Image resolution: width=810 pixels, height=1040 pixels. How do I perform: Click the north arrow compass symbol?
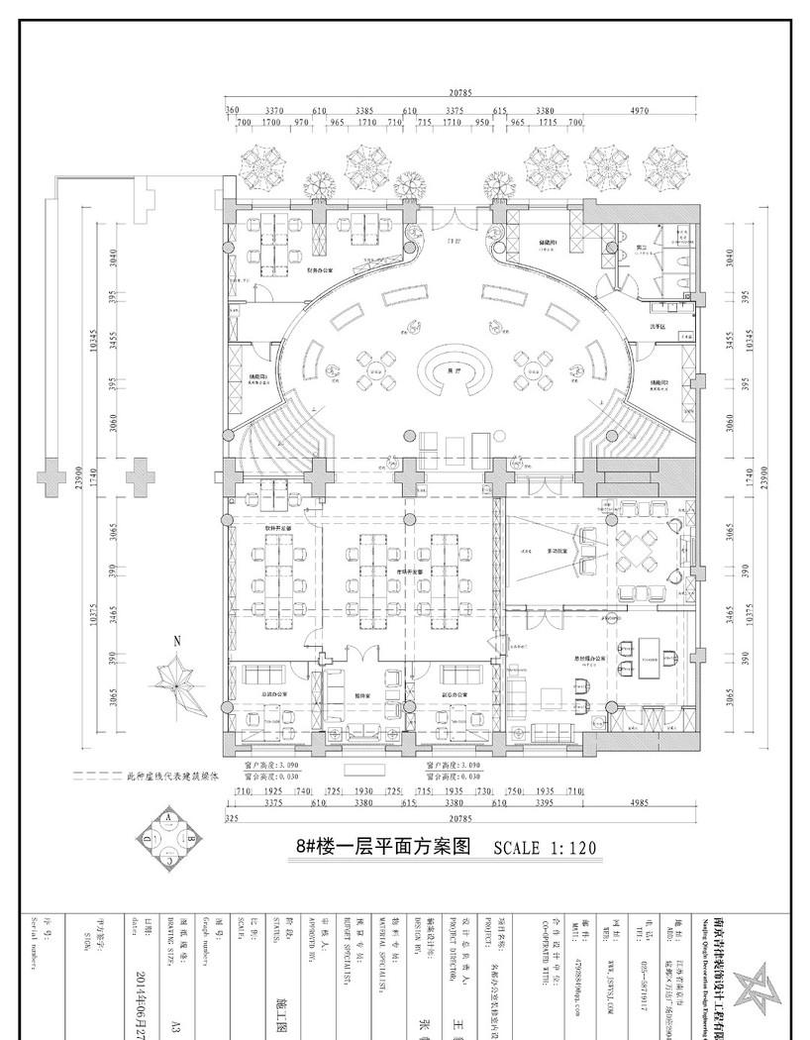pyautogui.click(x=177, y=682)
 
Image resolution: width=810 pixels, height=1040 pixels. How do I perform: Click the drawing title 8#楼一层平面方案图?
pyautogui.click(x=382, y=848)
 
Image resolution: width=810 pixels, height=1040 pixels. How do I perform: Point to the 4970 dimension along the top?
pyautogui.click(x=639, y=111)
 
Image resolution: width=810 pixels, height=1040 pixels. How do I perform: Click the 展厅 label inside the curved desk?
pyautogui.click(x=455, y=369)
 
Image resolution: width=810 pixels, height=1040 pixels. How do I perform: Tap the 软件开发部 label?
pyautogui.click(x=278, y=531)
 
